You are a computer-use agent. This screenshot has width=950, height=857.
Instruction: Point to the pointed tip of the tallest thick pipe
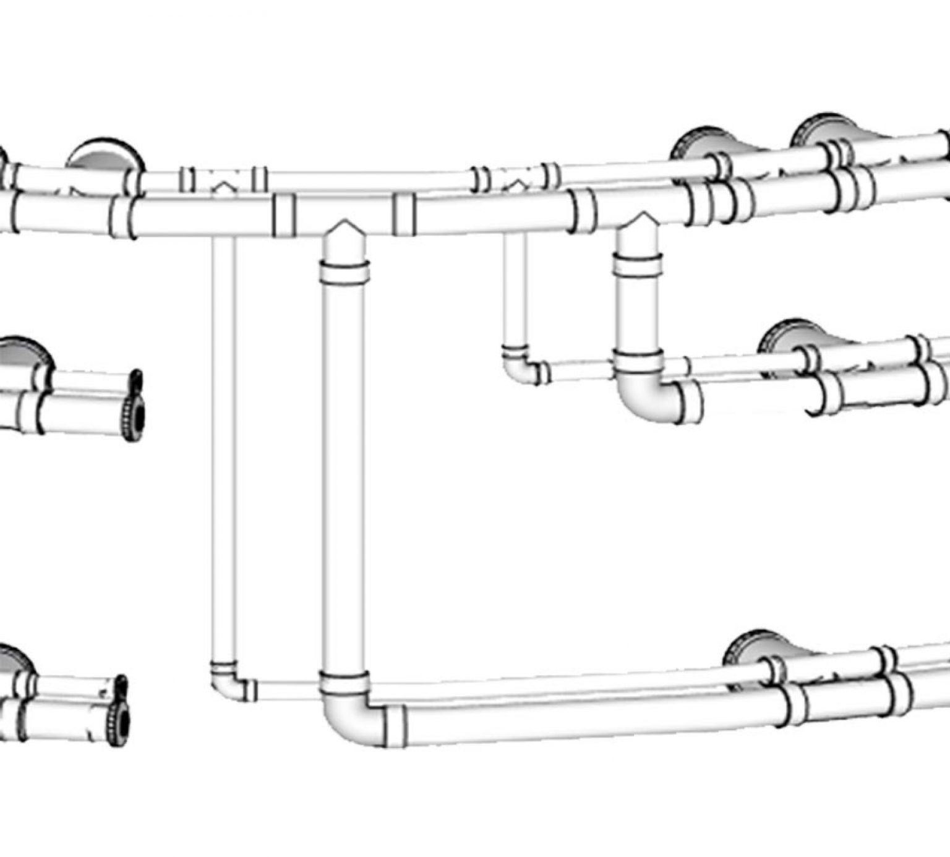(344, 227)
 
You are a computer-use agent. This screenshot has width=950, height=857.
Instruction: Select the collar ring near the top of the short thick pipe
(638, 265)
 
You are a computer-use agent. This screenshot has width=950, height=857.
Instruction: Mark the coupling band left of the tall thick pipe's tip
(284, 215)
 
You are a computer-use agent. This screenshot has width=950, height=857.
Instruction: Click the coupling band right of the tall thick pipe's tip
(404, 214)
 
